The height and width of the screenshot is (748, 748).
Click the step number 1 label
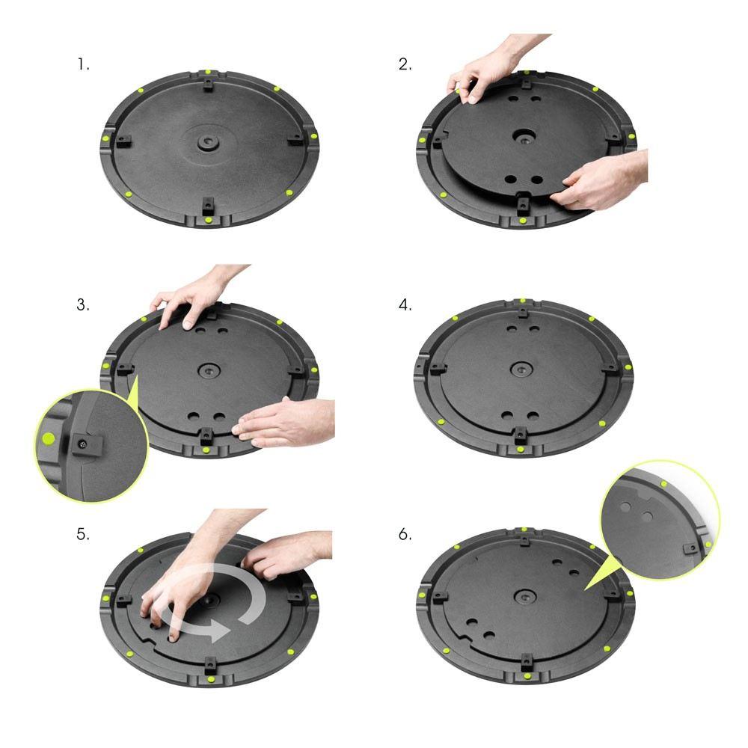tap(83, 64)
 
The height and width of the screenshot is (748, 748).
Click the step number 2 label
tap(405, 64)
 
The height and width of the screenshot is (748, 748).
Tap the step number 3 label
tap(83, 305)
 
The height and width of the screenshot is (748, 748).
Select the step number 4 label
tap(405, 305)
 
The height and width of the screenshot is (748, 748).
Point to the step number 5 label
tap(83, 535)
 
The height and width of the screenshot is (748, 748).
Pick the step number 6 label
tap(405, 535)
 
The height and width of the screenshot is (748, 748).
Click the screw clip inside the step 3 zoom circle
tap(83, 444)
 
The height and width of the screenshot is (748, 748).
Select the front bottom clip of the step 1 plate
tap(207, 203)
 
